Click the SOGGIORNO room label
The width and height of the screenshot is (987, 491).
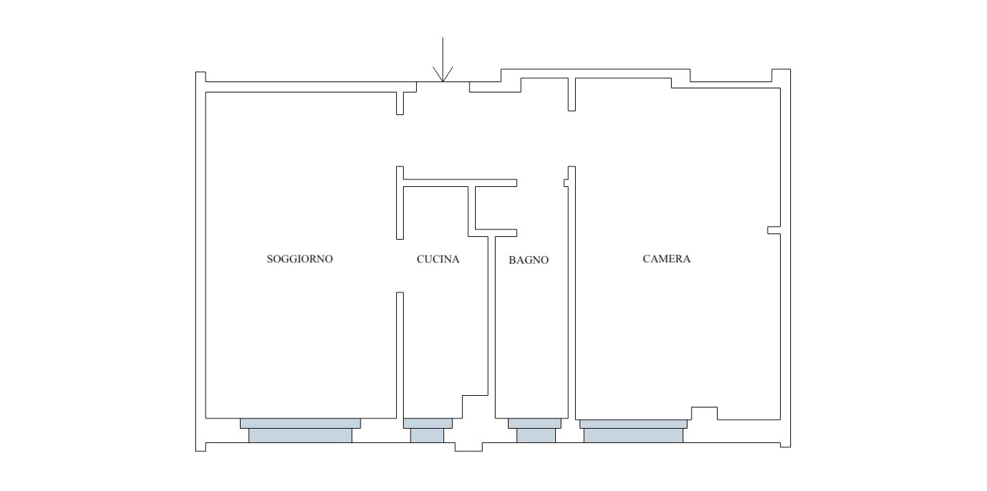click(x=300, y=259)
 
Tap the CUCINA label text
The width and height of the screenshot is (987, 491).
click(x=438, y=260)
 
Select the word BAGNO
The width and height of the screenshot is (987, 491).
click(x=528, y=260)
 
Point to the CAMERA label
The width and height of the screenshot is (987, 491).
click(x=666, y=259)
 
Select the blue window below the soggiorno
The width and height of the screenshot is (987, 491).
click(x=300, y=430)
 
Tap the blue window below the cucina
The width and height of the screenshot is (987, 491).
click(x=428, y=430)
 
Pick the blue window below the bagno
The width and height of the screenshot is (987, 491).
click(x=535, y=430)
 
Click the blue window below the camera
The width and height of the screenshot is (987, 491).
click(x=633, y=430)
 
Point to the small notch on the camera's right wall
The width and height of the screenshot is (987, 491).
click(x=774, y=230)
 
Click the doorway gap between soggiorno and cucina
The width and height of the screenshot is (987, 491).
click(x=400, y=266)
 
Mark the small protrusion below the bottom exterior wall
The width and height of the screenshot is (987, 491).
click(x=468, y=447)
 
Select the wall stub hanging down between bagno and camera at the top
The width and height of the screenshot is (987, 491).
click(x=572, y=95)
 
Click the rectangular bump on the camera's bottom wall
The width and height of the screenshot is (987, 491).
click(x=704, y=413)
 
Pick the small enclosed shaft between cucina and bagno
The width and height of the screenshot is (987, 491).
click(x=496, y=208)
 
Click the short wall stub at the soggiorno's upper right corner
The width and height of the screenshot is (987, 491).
click(x=400, y=103)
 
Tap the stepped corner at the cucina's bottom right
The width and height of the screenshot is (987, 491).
click(x=475, y=407)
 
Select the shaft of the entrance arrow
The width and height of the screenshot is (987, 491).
click(x=443, y=60)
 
